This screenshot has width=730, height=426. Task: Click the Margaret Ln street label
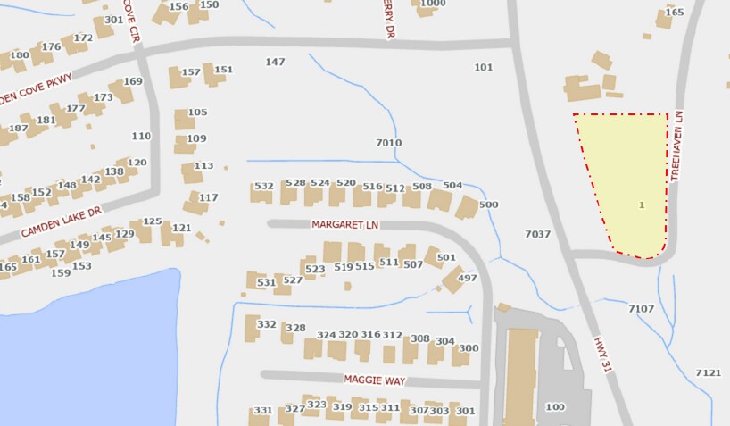pyautogui.click(x=345, y=224)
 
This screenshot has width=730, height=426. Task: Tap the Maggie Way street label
pyautogui.click(x=375, y=380)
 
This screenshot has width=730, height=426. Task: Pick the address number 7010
pyautogui.click(x=389, y=143)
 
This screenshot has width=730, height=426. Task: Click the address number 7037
pyautogui.click(x=537, y=235)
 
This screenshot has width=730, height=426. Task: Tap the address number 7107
pyautogui.click(x=641, y=309)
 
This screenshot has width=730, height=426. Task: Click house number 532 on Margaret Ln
pyautogui.click(x=263, y=187)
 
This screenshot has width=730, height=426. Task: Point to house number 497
pyautogui.click(x=467, y=279)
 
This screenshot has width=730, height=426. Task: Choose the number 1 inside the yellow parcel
pyautogui.click(x=642, y=205)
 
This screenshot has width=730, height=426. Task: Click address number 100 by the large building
pyautogui.click(x=555, y=407)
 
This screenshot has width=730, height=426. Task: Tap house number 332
pyautogui.click(x=267, y=324)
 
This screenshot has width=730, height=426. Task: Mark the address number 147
pyautogui.click(x=275, y=62)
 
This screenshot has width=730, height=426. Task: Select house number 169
pyautogui.click(x=133, y=81)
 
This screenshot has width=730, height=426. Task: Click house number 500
pyautogui.click(x=488, y=205)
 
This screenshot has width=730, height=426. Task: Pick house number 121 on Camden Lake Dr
pyautogui.click(x=181, y=228)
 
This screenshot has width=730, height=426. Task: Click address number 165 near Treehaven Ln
pyautogui.click(x=675, y=13)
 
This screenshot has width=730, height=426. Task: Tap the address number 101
pyautogui.click(x=484, y=67)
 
